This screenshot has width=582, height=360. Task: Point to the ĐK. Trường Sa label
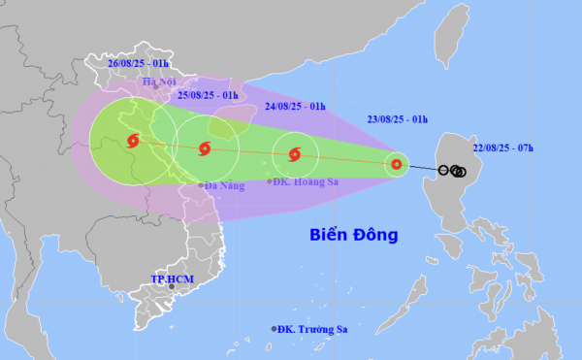pos(313,330)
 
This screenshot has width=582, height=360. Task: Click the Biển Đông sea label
pos(354,235)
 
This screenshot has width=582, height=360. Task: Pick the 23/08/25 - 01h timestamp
pos(394,120)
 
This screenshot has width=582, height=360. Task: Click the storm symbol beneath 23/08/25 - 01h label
pos(397,165)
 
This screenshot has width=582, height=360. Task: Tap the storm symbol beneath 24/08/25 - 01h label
pos(295,153)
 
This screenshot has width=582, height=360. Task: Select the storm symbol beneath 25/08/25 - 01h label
pos(204,148)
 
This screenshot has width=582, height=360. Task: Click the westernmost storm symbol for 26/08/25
pos(133,141)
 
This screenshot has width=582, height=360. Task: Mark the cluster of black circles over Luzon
pos(454,172)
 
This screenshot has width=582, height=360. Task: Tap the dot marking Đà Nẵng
pos(201,184)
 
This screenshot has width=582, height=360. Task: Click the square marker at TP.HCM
pos(172,286)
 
